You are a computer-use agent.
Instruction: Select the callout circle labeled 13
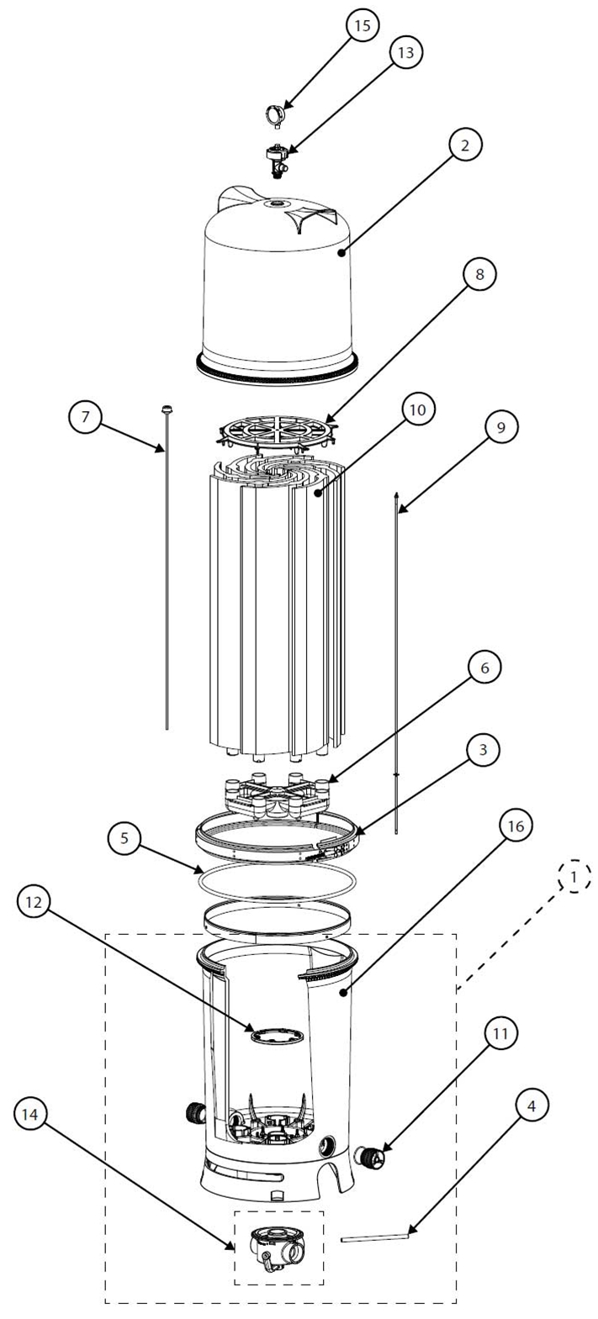pyautogui.click(x=405, y=52)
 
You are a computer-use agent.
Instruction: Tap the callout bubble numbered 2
pyautogui.click(x=465, y=145)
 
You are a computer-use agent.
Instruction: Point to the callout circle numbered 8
pyautogui.click(x=479, y=275)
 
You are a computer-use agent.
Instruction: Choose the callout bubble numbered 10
pyautogui.click(x=419, y=409)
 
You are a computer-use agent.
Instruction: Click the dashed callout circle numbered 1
pyautogui.click(x=574, y=876)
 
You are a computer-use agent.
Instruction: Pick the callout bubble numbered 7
pyautogui.click(x=87, y=416)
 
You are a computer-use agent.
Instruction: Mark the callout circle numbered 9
pyautogui.click(x=500, y=427)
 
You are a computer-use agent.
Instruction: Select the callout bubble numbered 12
pyautogui.click(x=33, y=900)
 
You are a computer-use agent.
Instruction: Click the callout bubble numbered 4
pyautogui.click(x=532, y=1105)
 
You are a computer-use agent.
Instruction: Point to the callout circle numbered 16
pyautogui.click(x=516, y=826)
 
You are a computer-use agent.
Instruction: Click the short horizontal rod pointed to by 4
pyautogui.click(x=375, y=1236)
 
